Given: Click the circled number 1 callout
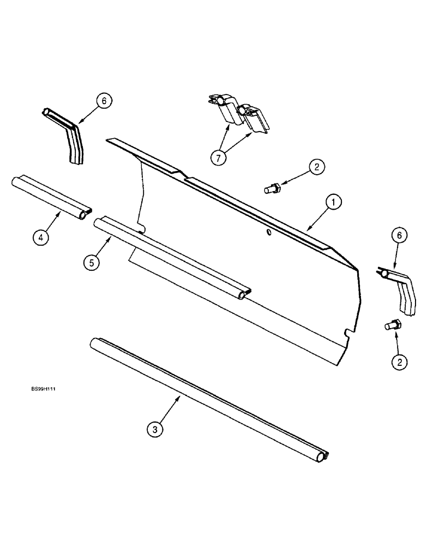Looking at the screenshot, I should [x=333, y=203].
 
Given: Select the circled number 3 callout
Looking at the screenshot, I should [x=156, y=430].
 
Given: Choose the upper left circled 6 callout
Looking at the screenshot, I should [x=104, y=100].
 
